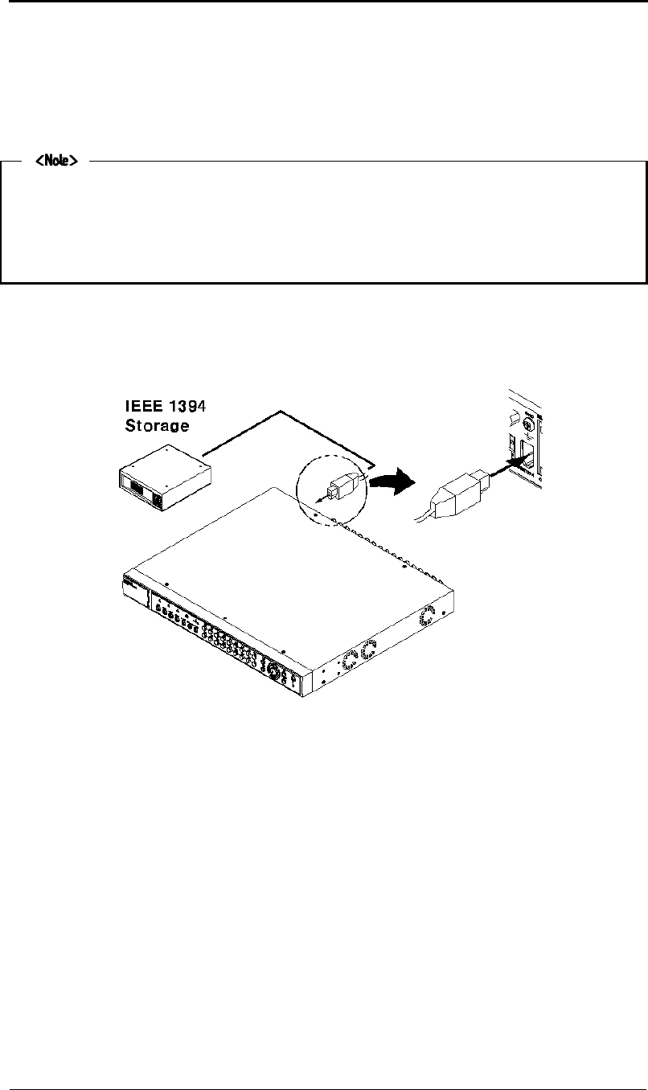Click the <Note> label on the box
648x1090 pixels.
pos(55,162)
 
